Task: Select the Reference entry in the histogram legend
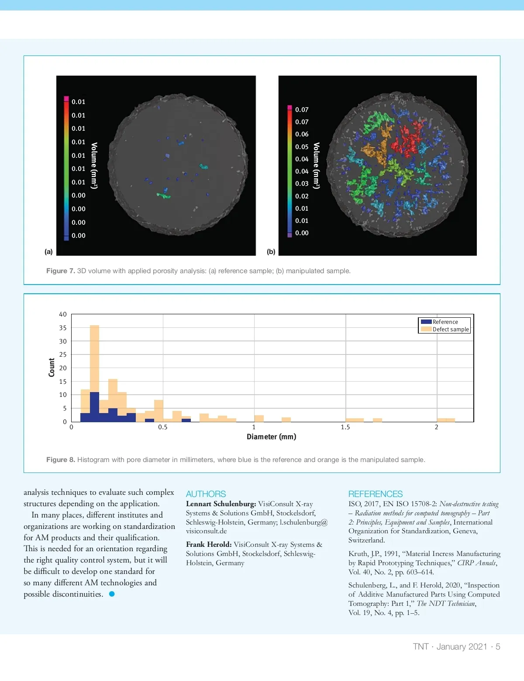(x=445, y=322)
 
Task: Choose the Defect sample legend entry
(x=450, y=329)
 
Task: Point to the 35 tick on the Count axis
(x=63, y=328)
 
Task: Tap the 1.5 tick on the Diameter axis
(x=345, y=427)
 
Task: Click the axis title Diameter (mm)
(x=271, y=437)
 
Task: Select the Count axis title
(x=52, y=367)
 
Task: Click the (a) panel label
(x=48, y=251)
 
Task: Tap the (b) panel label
(x=271, y=251)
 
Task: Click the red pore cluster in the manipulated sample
(x=405, y=141)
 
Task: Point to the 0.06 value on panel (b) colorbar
(x=302, y=134)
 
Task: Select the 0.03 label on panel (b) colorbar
(x=302, y=184)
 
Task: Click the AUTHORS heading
(x=206, y=494)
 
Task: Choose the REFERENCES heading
(x=375, y=494)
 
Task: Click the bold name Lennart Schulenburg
(x=221, y=504)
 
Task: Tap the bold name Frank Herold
(x=209, y=545)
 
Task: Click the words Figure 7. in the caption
(x=61, y=271)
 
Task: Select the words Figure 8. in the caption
(x=61, y=460)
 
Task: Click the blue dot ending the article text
(x=112, y=594)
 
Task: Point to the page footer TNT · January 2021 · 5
(x=456, y=646)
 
